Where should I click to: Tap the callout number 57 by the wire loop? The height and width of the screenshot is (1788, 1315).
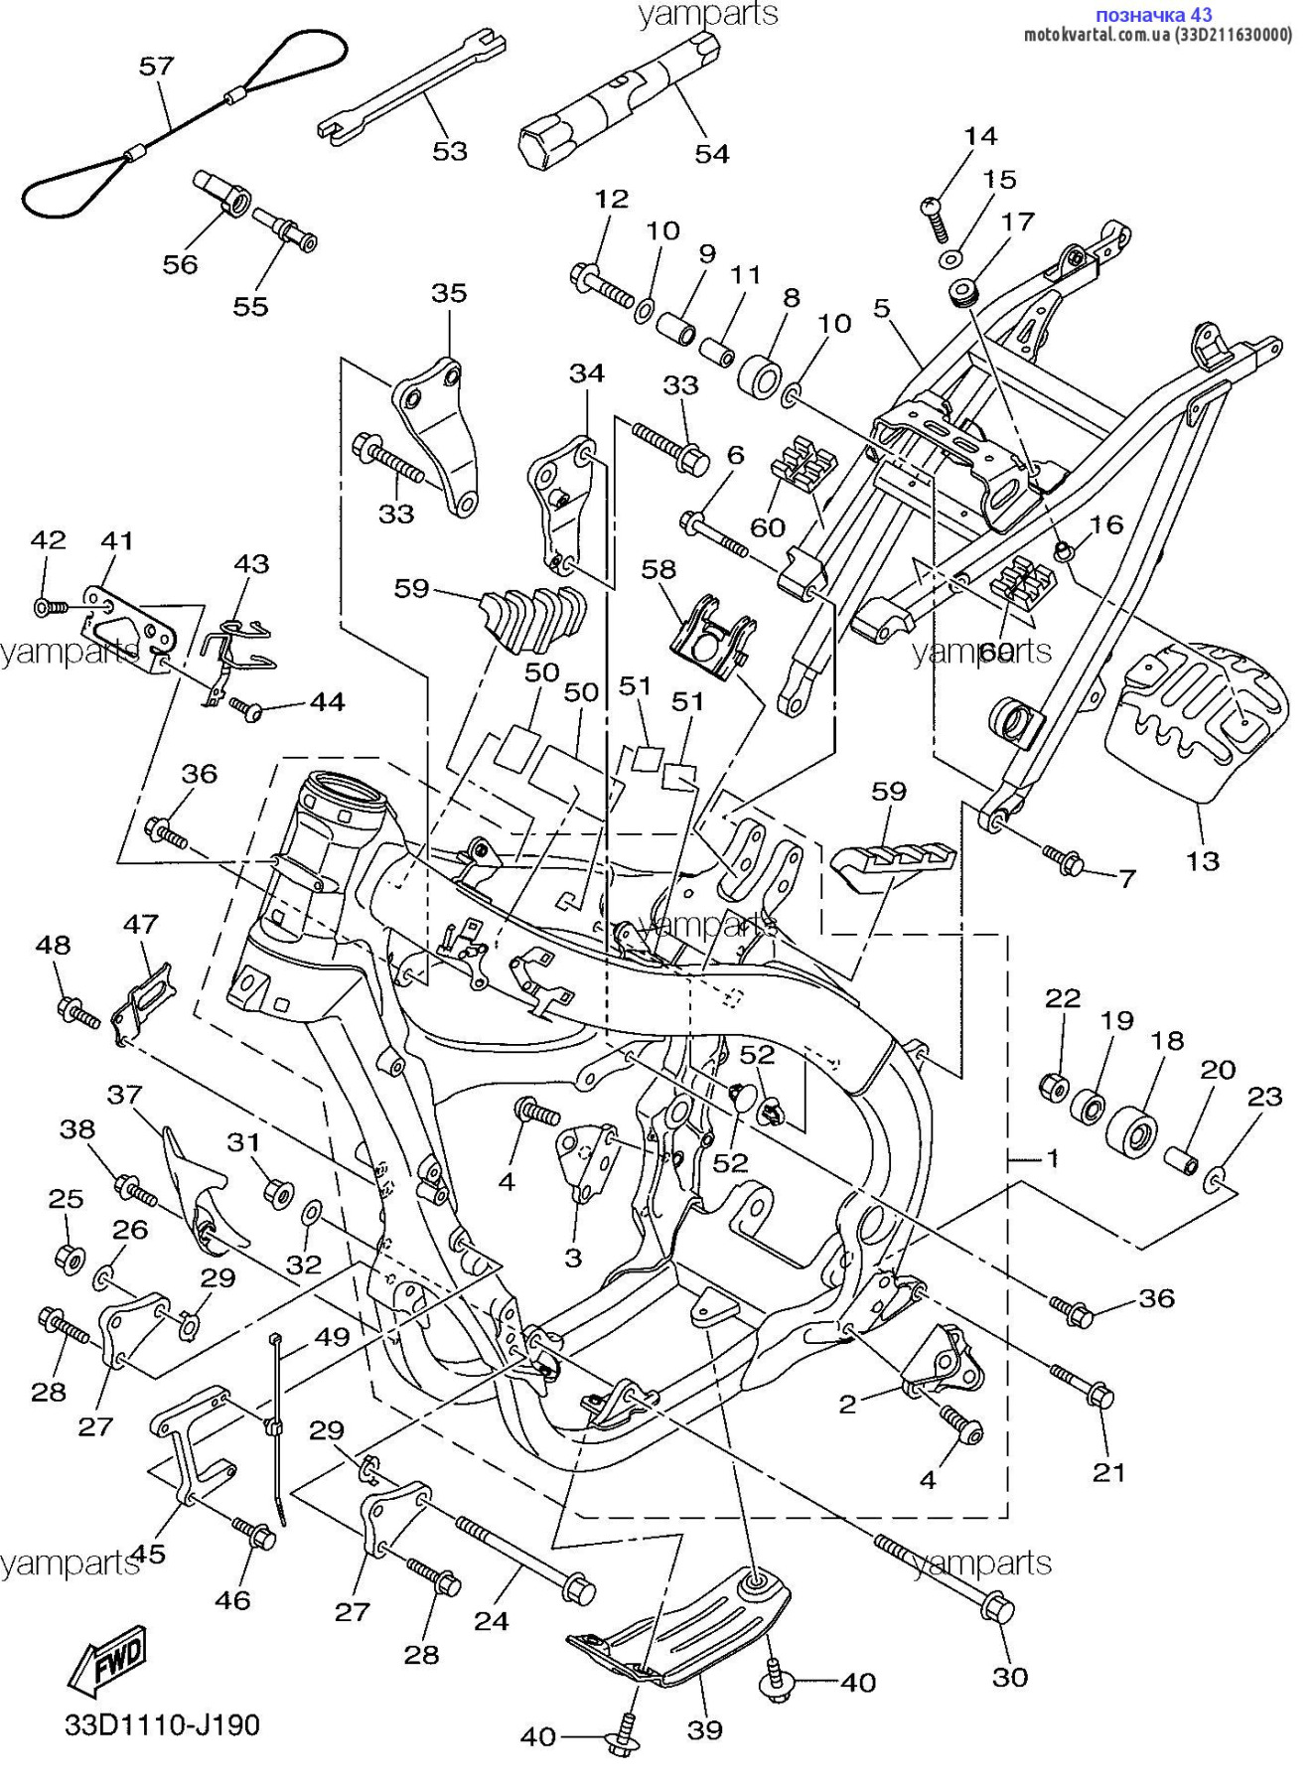coord(156,67)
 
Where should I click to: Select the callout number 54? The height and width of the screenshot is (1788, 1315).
coord(712,154)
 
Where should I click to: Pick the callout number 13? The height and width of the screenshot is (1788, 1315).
coord(1203,859)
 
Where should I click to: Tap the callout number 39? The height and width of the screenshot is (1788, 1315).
coord(705,1729)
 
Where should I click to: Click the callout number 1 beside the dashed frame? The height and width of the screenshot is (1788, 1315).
coord(1052,1157)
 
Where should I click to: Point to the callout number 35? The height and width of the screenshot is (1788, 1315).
coord(449,293)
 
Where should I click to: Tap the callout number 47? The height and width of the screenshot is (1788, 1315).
coord(141,924)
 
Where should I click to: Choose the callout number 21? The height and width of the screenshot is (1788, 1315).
coord(1108,1472)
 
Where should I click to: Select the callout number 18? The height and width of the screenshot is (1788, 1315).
coord(1167,1040)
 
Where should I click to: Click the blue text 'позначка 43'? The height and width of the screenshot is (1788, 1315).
coord(1153,15)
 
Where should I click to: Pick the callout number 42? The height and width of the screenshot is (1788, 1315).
coord(48,539)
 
